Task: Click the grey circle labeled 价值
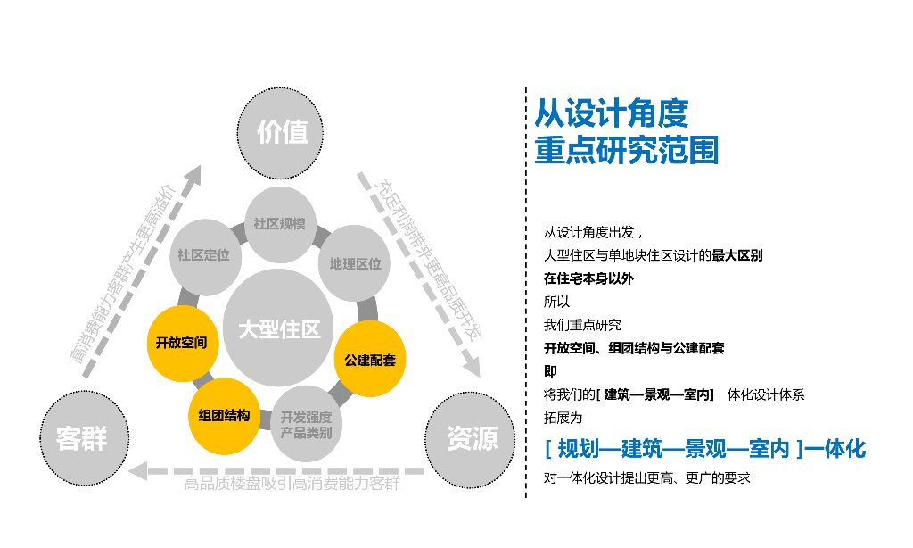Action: pos(283,132)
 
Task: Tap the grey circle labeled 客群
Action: pos(81,437)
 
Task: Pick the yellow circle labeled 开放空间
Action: pos(181,342)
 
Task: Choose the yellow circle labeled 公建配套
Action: pos(370,360)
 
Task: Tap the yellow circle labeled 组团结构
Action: pos(224,416)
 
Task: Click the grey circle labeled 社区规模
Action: pos(279,224)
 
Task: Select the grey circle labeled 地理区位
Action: pos(355,263)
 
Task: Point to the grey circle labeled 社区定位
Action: pos(204,255)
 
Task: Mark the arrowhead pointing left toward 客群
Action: pos(138,470)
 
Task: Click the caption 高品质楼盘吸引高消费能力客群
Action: pos(292,485)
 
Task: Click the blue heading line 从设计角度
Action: pos(612,115)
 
